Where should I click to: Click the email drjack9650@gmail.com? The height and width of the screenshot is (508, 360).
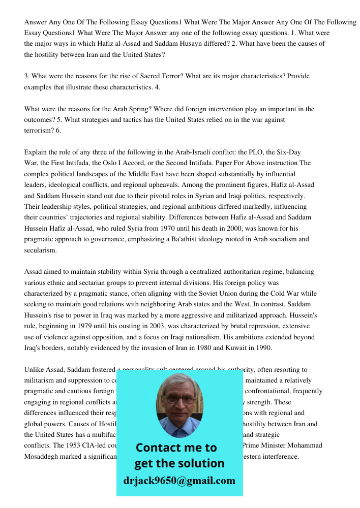point(179,481)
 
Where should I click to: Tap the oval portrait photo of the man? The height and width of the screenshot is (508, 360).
point(179,405)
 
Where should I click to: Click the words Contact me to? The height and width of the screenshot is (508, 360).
point(176,448)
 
